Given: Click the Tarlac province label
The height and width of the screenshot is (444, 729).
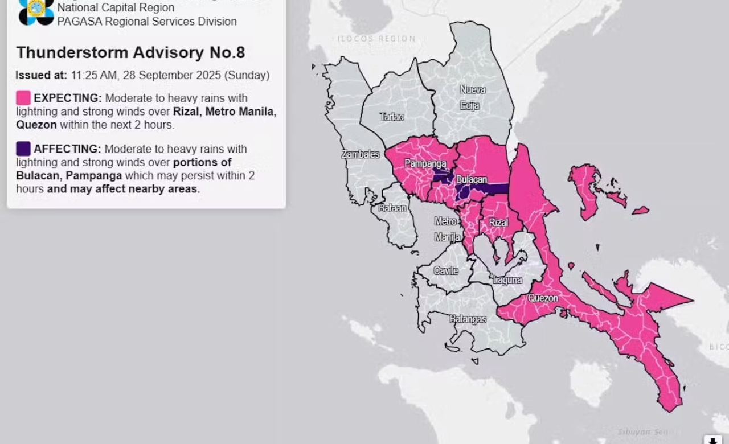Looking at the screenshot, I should coord(392,117).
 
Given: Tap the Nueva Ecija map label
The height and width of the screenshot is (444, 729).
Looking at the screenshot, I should coord(472,97).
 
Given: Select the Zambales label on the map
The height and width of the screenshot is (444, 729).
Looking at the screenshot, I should coord(360,154).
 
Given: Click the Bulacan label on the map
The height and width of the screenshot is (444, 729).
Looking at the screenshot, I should coord(471,179).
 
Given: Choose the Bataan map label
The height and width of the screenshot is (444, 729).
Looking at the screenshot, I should coord(392,208).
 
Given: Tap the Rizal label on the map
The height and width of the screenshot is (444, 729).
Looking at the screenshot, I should coord(498,223).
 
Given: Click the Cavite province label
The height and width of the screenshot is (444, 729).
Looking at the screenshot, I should coord(445,270).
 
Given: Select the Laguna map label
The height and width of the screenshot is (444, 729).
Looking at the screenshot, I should coord(507,280).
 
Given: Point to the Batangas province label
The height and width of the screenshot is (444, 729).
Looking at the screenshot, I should coord(468,319).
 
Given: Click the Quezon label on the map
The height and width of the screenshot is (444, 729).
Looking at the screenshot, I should coord(542,298).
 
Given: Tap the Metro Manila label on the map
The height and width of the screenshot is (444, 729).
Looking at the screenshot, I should coord(447,229).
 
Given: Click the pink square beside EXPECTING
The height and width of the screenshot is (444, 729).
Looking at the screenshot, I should coord(23,98).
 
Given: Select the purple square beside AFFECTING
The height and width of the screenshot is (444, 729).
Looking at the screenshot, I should coord(23,149).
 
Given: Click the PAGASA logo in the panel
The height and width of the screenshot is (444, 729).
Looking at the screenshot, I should coord(36,11).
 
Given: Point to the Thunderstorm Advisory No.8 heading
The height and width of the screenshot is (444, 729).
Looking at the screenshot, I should coord(130,52).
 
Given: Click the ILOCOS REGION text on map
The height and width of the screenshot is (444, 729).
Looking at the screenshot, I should coord(376,39).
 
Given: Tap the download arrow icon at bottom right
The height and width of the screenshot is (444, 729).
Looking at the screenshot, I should coord(712,439).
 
